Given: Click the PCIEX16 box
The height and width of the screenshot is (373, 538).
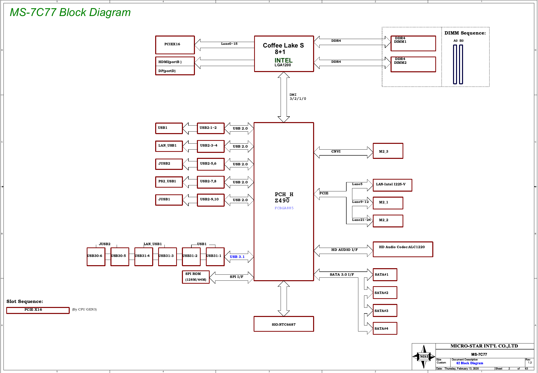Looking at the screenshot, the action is point(175,45).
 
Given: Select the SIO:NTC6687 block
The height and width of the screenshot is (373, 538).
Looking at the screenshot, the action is point(284,324).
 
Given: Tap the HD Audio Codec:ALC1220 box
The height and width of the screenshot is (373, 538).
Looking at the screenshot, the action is point(403,249).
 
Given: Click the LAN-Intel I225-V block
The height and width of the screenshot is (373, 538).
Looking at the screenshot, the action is point(392,185).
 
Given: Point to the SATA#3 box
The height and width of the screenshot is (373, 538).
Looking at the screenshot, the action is point(385,310).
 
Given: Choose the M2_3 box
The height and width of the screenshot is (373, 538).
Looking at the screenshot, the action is point(388,151).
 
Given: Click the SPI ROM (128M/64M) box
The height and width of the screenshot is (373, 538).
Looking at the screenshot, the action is point(196,277).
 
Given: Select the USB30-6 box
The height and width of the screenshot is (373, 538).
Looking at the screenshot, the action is point(96,257).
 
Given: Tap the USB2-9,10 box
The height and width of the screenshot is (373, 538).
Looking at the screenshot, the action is point(211,200).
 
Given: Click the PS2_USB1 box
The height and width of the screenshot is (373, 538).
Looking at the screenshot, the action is point(169,182).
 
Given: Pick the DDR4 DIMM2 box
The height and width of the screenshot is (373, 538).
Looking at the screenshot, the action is point(413,64).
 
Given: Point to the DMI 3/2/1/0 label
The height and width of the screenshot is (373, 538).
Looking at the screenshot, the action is point(298,97).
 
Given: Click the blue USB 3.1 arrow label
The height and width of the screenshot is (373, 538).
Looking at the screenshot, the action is point(237,257).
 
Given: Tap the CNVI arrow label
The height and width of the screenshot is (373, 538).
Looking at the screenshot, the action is point(336,151).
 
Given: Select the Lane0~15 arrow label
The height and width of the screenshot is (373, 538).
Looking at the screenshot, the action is point(229,44).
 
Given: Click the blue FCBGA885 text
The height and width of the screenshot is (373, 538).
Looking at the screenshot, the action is point(284,208).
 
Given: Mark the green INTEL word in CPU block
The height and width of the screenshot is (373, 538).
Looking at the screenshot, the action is point(283,60).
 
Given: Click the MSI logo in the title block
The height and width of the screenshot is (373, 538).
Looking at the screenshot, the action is point(424,356).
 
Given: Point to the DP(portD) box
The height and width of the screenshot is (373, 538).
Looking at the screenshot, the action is point(175,71).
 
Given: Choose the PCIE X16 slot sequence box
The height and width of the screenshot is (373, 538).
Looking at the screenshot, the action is point(38,310).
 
